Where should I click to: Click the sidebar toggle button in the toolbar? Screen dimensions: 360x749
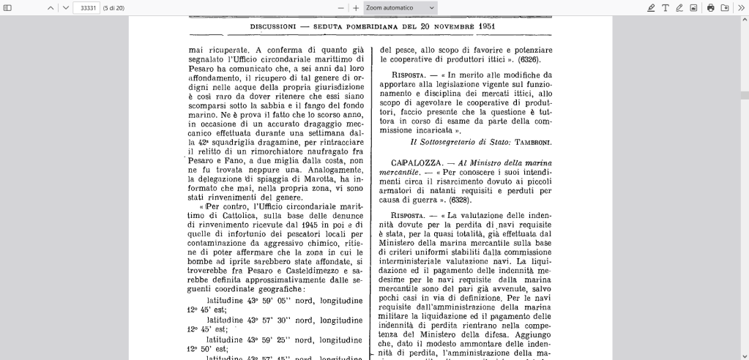(x=8, y=7)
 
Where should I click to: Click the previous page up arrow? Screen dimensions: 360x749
(x=51, y=7)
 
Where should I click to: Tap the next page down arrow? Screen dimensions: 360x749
(x=65, y=7)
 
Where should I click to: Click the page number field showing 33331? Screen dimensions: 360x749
(x=86, y=7)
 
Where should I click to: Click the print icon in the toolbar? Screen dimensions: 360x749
(x=710, y=7)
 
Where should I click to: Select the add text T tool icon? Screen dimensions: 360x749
(x=666, y=7)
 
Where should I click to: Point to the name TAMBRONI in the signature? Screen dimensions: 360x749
(x=532, y=141)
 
